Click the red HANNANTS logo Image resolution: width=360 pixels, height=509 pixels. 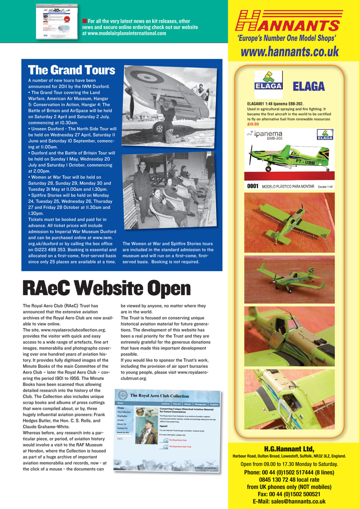coord(289,21)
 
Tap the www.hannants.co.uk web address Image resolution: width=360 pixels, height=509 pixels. coord(290,51)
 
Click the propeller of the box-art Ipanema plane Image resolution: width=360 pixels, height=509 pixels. coord(251,155)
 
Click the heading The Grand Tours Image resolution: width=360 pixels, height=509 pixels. coord(72,70)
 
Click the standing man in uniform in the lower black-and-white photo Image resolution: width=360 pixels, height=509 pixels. coord(143,189)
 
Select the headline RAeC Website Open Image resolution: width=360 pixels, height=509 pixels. coord(107,289)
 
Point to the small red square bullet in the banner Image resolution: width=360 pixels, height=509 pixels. coord(84,21)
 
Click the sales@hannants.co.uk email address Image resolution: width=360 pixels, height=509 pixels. coord(289,501)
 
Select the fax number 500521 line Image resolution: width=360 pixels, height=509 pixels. coord(289,494)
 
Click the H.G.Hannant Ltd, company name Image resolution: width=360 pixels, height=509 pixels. coord(289,449)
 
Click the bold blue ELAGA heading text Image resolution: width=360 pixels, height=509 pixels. coord(309,86)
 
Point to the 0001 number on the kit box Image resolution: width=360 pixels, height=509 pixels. coord(253,186)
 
